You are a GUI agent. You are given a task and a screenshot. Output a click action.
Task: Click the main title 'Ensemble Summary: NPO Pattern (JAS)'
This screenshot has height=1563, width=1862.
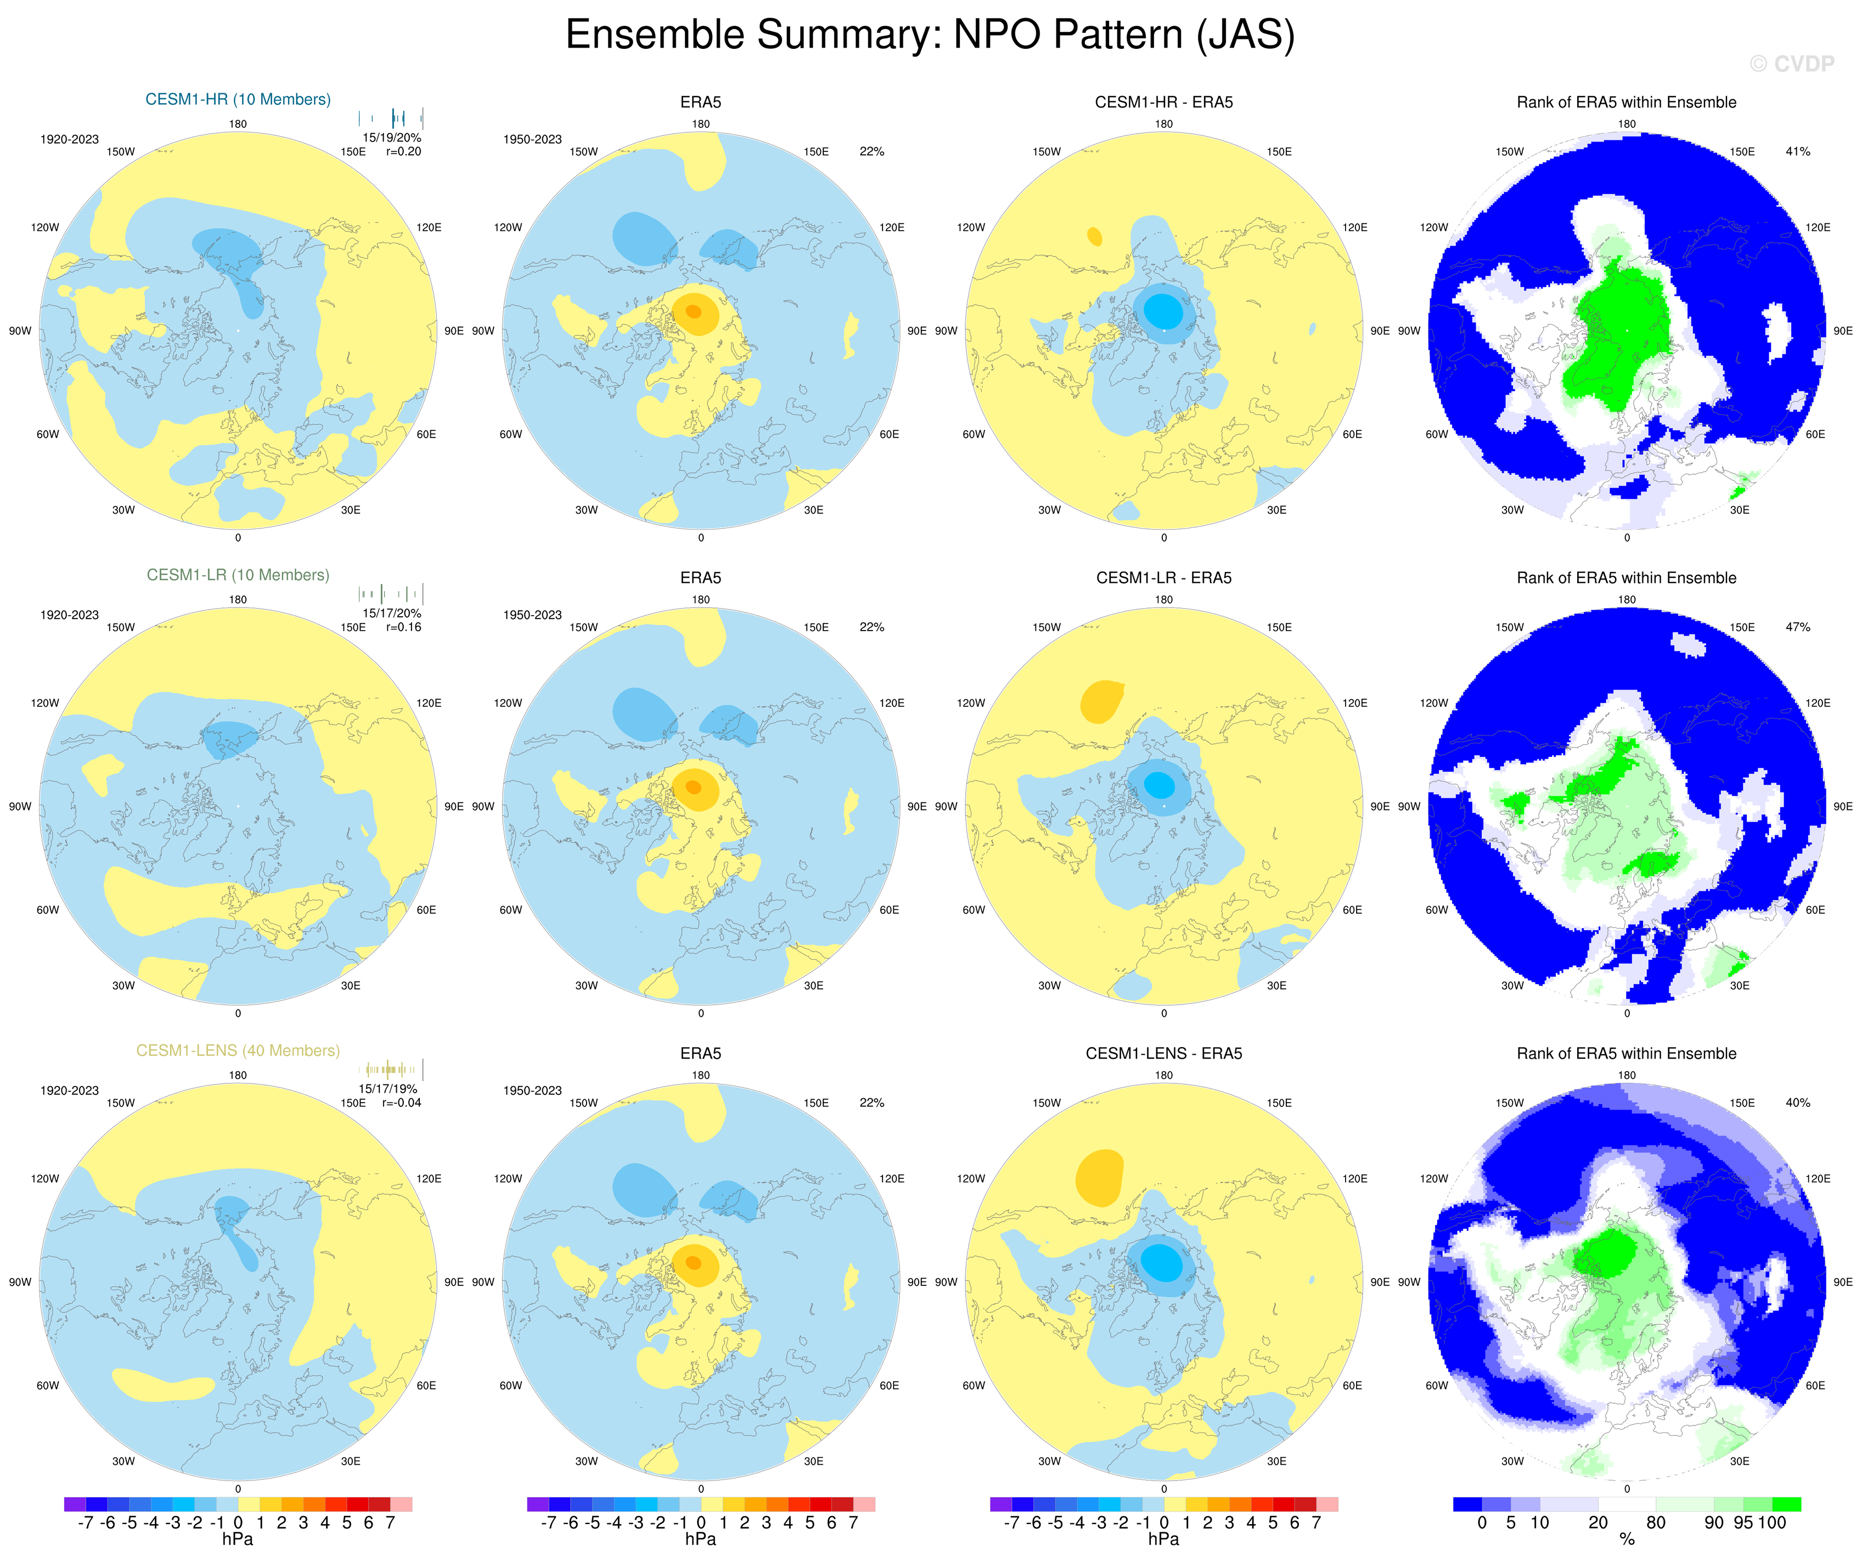(x=930, y=36)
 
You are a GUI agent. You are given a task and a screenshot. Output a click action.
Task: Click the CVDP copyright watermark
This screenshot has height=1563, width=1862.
(x=1791, y=64)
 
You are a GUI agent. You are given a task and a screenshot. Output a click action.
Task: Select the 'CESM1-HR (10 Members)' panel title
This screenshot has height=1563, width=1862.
(x=238, y=99)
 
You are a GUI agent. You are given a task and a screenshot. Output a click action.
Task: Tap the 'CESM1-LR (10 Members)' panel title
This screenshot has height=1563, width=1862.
(x=238, y=575)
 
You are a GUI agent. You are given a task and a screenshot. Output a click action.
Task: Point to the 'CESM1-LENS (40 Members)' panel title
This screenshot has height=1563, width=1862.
(x=238, y=1050)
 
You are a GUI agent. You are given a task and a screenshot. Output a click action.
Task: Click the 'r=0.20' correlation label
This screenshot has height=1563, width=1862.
(x=403, y=151)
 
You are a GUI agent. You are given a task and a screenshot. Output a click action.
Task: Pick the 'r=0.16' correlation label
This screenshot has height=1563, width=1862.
(x=403, y=627)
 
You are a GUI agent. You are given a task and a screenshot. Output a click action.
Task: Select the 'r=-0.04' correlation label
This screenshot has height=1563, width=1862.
(x=402, y=1103)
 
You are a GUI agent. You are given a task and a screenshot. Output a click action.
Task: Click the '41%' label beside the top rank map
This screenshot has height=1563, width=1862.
(x=1797, y=151)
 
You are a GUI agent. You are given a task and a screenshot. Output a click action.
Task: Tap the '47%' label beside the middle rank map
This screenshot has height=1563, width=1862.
(x=1797, y=627)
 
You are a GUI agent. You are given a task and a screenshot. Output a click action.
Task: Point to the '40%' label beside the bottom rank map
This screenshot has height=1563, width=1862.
(x=1797, y=1103)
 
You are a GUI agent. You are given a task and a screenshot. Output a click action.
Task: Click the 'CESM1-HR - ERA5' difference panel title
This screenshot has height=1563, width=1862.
(x=1163, y=102)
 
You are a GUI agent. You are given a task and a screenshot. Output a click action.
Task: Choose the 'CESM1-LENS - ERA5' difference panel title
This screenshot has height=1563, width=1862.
(x=1163, y=1053)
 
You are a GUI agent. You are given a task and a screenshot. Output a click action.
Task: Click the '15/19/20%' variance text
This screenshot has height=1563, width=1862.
(x=392, y=137)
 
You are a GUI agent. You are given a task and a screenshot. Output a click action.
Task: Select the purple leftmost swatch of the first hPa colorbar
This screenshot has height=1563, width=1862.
(x=75, y=1504)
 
